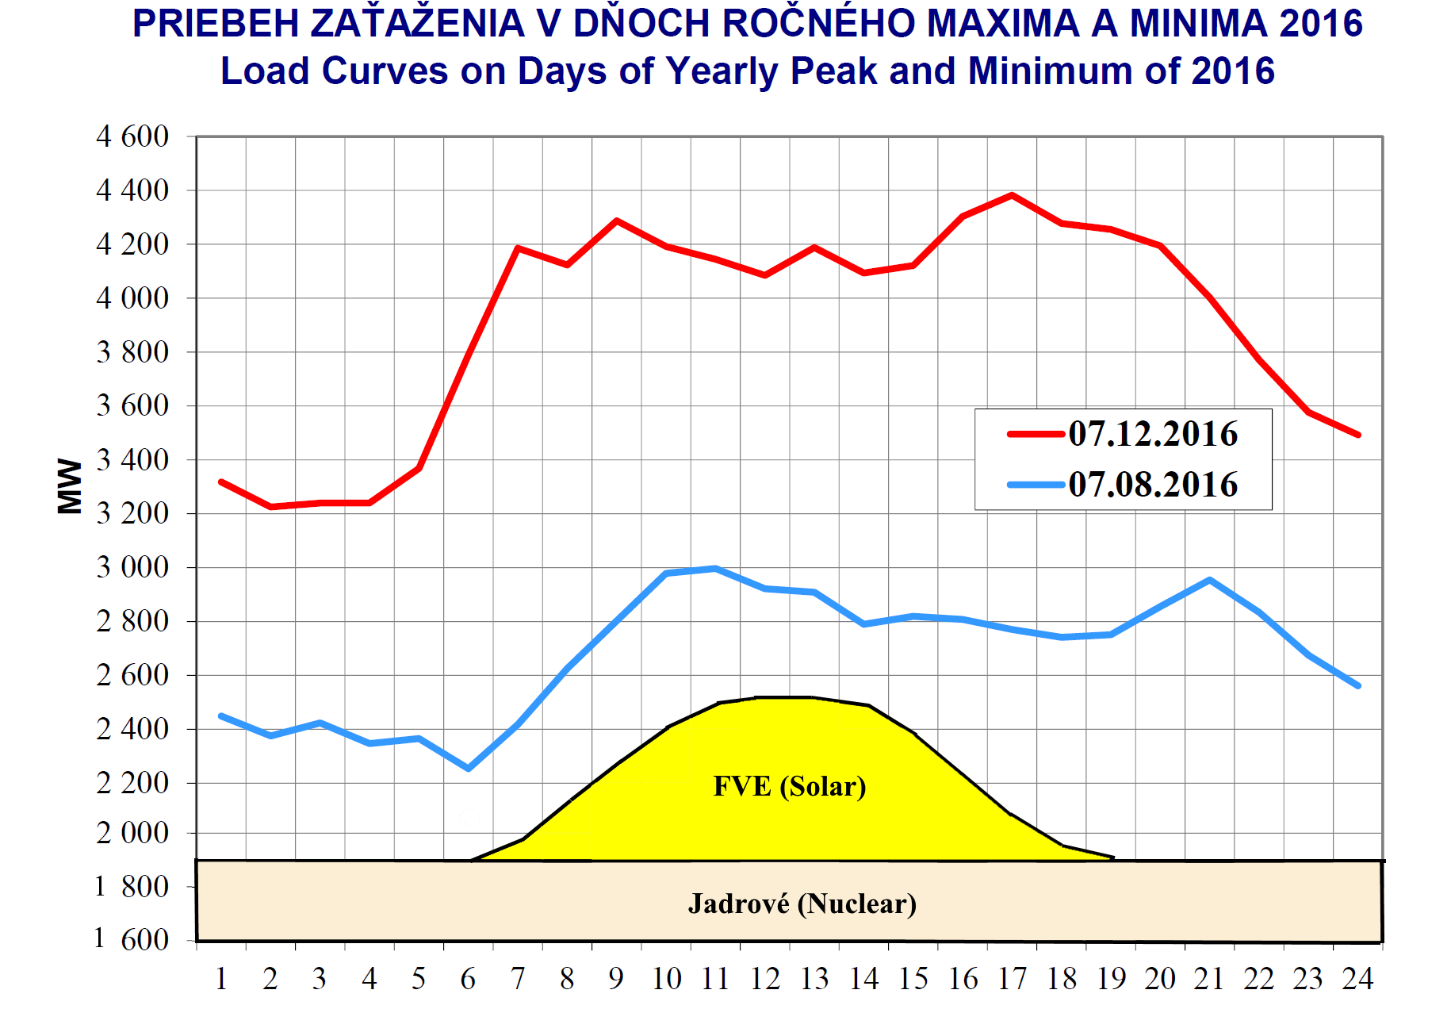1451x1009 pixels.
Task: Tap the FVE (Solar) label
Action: [x=790, y=786]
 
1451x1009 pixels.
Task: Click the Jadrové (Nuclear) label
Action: [x=802, y=903]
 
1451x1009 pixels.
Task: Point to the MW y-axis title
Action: [x=71, y=486]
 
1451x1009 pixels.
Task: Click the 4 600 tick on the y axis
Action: [x=132, y=136]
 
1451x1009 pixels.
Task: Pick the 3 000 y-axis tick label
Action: [x=132, y=567]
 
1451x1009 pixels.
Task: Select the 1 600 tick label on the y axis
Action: [x=132, y=939]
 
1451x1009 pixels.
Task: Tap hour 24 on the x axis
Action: [x=1357, y=979]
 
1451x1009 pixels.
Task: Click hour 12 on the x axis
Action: [x=765, y=979]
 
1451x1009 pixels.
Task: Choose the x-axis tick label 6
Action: [x=469, y=979]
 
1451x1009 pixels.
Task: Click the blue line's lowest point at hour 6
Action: [x=469, y=769]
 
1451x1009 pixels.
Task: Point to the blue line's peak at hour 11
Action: [x=715, y=568]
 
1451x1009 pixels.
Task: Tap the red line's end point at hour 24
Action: [x=1358, y=435]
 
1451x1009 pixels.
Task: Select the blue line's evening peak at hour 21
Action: [x=1210, y=580]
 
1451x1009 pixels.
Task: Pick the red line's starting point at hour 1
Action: [x=221, y=481]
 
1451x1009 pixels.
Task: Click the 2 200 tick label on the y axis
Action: [x=132, y=783]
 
